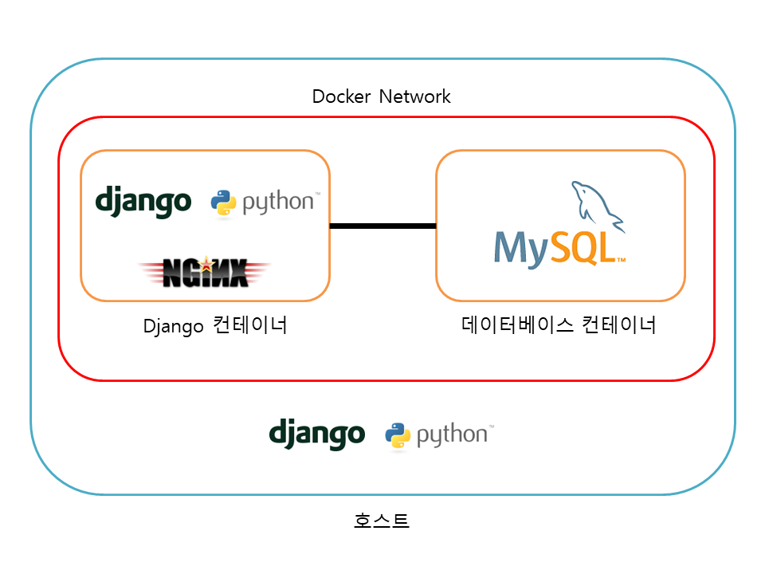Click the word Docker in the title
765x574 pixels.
click(x=342, y=97)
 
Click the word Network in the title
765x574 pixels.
click(x=414, y=97)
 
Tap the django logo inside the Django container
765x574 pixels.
click(x=143, y=201)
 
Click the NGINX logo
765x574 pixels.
click(x=204, y=273)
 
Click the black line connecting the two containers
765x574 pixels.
click(x=382, y=226)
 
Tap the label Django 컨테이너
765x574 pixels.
click(x=215, y=326)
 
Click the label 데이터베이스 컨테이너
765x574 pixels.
click(x=559, y=325)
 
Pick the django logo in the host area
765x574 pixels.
click(x=316, y=434)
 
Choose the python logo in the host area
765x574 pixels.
click(x=439, y=435)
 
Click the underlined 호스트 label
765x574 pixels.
click(x=382, y=521)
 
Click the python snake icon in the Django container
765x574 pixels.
click(x=223, y=202)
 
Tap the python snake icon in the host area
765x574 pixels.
click(x=397, y=435)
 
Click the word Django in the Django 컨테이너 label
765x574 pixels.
click(x=174, y=327)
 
